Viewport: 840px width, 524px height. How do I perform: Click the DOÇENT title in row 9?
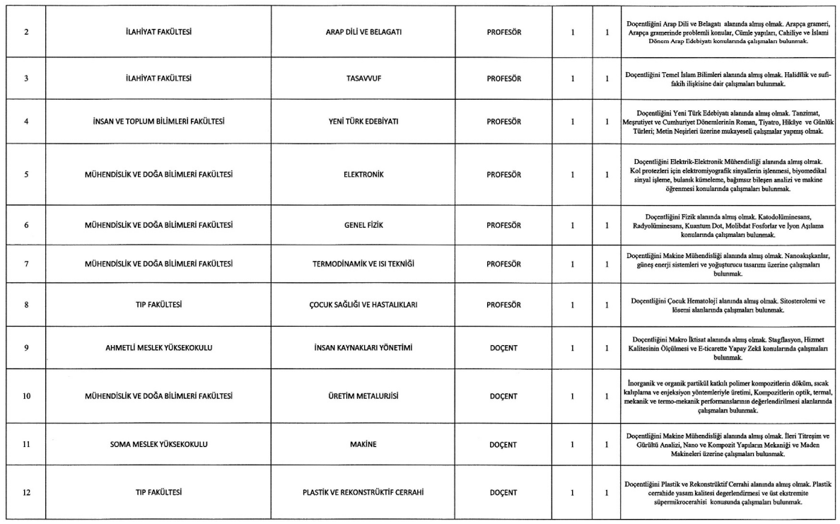tap(505, 348)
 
